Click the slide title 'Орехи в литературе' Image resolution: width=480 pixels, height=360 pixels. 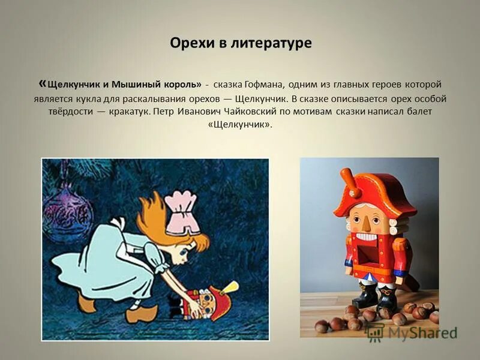click(241, 44)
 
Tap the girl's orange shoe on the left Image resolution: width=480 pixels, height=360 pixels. click(86, 304)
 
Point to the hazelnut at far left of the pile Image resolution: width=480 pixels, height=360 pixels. click(322, 326)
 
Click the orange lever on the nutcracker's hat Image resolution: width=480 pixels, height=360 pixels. click(350, 183)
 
